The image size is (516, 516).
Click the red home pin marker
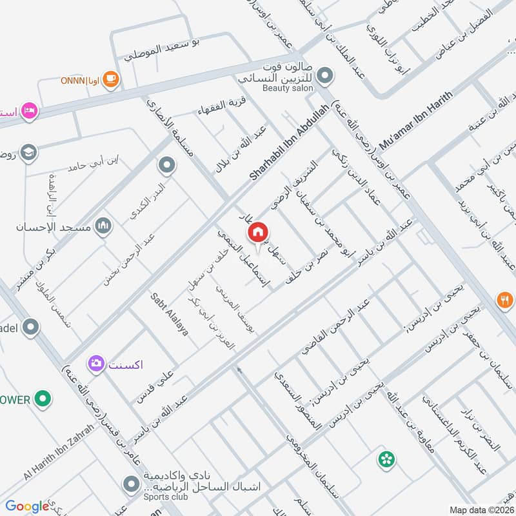pyautogui.click(x=258, y=232)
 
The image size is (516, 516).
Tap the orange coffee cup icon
pyautogui.click(x=112, y=79)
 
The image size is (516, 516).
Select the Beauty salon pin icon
pyautogui.click(x=326, y=77)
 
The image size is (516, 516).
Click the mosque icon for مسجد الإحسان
pyautogui.click(x=103, y=226)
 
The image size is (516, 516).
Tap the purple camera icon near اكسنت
pyautogui.click(x=97, y=364)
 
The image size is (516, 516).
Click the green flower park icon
pyautogui.click(x=386, y=460)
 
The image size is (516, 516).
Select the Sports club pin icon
pyautogui.click(x=132, y=483)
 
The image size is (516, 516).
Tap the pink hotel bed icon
pyautogui.click(x=29, y=111)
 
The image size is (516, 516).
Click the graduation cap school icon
pyautogui.click(x=29, y=152)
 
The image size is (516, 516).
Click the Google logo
pyautogui.click(x=27, y=506)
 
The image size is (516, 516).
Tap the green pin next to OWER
pyautogui.click(x=43, y=399)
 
